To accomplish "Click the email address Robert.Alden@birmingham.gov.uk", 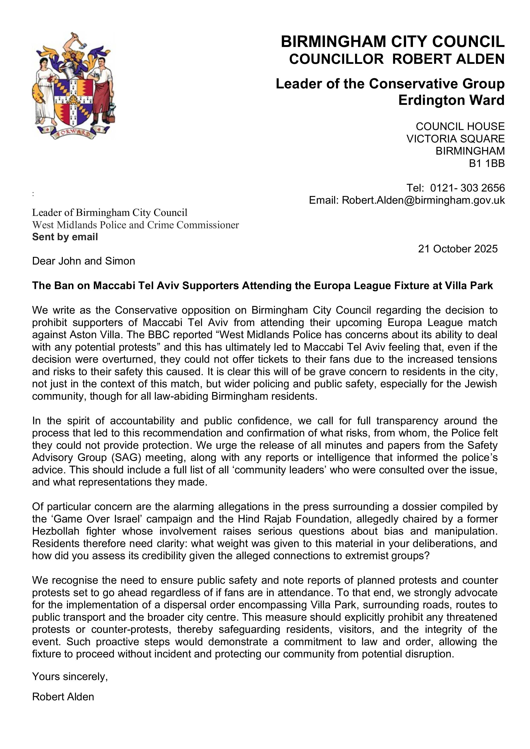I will click(x=423, y=200).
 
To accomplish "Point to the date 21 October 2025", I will click(x=458, y=249).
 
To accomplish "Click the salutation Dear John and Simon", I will click(x=84, y=261).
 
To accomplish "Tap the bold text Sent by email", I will click(x=65, y=237).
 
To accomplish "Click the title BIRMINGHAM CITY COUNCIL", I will click(x=393, y=42).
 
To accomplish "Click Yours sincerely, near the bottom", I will click(x=70, y=677).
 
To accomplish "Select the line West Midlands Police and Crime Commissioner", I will click(x=135, y=225).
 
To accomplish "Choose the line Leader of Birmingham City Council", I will click(x=110, y=213).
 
